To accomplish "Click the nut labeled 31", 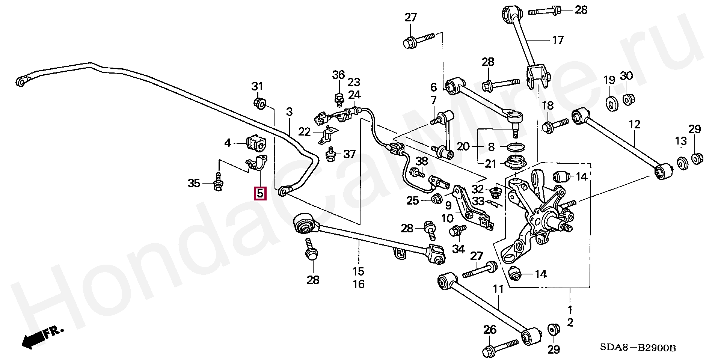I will click(260, 102).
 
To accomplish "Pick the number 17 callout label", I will click(558, 39).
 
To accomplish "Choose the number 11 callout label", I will click(498, 289).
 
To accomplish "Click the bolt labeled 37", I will click(331, 155).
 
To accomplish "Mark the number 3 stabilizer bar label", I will click(289, 111).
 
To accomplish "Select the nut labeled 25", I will click(437, 199).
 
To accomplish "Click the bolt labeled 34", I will click(457, 230).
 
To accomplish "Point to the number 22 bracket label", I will click(305, 132).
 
